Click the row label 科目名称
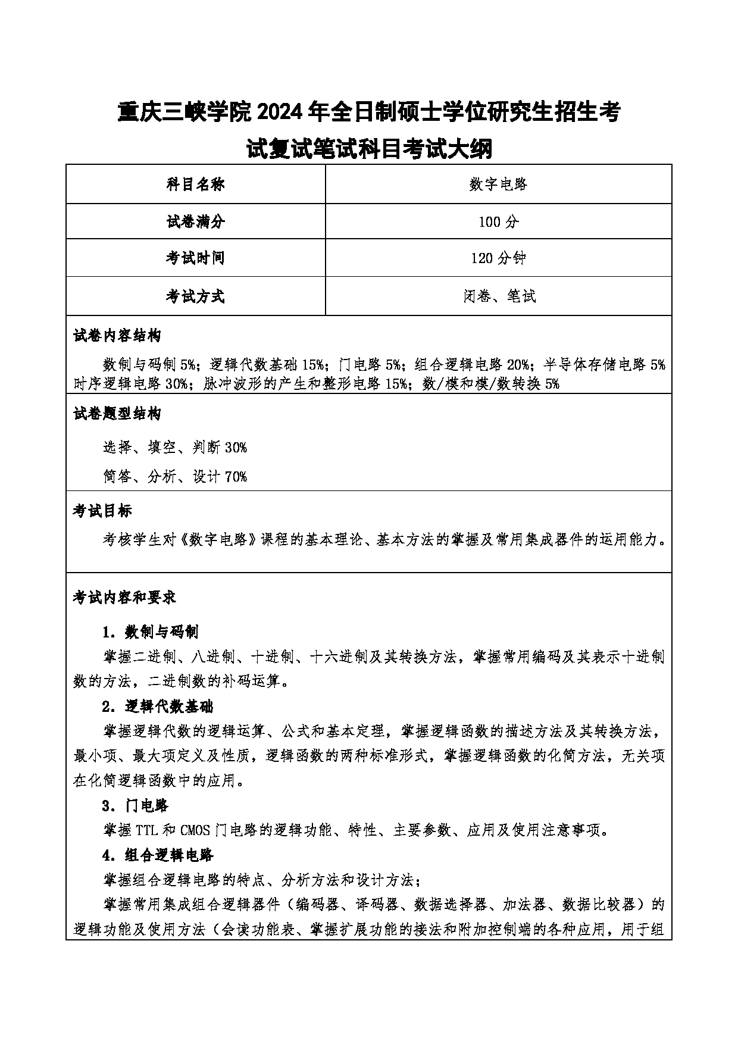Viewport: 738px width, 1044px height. [195, 185]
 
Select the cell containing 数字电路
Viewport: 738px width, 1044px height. [498, 185]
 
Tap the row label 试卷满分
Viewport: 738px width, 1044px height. [195, 222]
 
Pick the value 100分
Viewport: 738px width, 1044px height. [498, 222]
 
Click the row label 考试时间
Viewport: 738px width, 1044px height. [195, 258]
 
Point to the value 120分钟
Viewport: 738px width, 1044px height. [498, 258]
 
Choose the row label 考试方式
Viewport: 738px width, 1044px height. [195, 296]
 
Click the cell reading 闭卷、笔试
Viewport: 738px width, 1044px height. [498, 296]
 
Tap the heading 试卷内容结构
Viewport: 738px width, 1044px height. [117, 336]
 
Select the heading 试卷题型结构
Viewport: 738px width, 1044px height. [117, 414]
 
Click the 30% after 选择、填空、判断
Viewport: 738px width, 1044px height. [236, 447]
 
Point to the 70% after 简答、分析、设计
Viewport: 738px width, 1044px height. [236, 476]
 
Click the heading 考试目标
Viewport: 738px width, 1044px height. [102, 511]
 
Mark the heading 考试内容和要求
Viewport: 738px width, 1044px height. [124, 598]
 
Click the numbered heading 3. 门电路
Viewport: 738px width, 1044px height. [135, 806]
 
